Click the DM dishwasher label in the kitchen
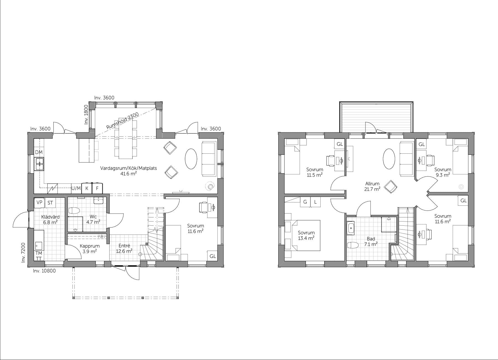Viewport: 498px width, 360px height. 39,152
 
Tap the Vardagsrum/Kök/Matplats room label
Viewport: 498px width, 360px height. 128,171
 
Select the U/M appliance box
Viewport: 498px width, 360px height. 76,188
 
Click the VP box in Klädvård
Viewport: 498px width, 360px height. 39,202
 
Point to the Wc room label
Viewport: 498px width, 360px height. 93,219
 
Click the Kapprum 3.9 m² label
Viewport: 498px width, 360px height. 89,248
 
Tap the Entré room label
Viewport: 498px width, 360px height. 124,248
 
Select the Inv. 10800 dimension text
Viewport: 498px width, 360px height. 44,271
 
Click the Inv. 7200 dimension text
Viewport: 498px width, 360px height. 23,253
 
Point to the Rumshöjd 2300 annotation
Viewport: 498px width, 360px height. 122,121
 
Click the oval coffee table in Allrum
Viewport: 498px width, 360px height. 389,159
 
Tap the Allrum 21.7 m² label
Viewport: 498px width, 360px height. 372,186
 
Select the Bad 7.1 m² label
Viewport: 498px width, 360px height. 371,241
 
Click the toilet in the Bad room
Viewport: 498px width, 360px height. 352,245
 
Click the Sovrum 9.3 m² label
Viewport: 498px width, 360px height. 443,172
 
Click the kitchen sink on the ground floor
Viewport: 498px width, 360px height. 39,163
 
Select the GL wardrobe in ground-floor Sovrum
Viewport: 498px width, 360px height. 212,256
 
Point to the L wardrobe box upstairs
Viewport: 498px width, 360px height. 315,202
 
